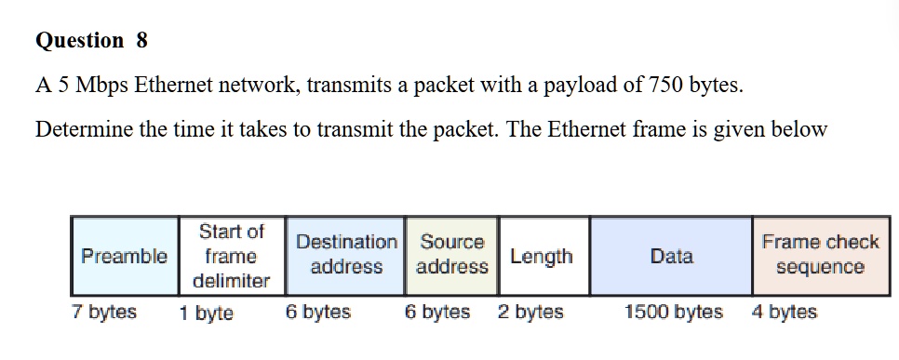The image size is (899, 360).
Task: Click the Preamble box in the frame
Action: click(125, 256)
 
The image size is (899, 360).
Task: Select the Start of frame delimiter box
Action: click(232, 256)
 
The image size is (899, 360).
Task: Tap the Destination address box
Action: click(346, 255)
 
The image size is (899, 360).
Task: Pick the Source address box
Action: click(452, 255)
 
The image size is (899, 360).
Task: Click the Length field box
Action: click(543, 256)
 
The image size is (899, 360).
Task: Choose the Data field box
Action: click(671, 256)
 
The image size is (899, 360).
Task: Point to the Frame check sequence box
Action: click(820, 255)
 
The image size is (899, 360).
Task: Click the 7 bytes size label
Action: click(104, 312)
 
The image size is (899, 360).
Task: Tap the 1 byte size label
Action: click(206, 313)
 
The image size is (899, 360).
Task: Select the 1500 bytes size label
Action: click(673, 312)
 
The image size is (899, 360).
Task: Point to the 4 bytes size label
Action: click(784, 312)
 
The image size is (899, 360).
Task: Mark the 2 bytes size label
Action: click(530, 312)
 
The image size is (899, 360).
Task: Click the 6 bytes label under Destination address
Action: click(318, 312)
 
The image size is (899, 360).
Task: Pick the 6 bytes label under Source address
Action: click(437, 312)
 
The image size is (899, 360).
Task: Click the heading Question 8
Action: click(91, 41)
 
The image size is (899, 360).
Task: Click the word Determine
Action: click(85, 129)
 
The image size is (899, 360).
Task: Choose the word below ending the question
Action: click(798, 129)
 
